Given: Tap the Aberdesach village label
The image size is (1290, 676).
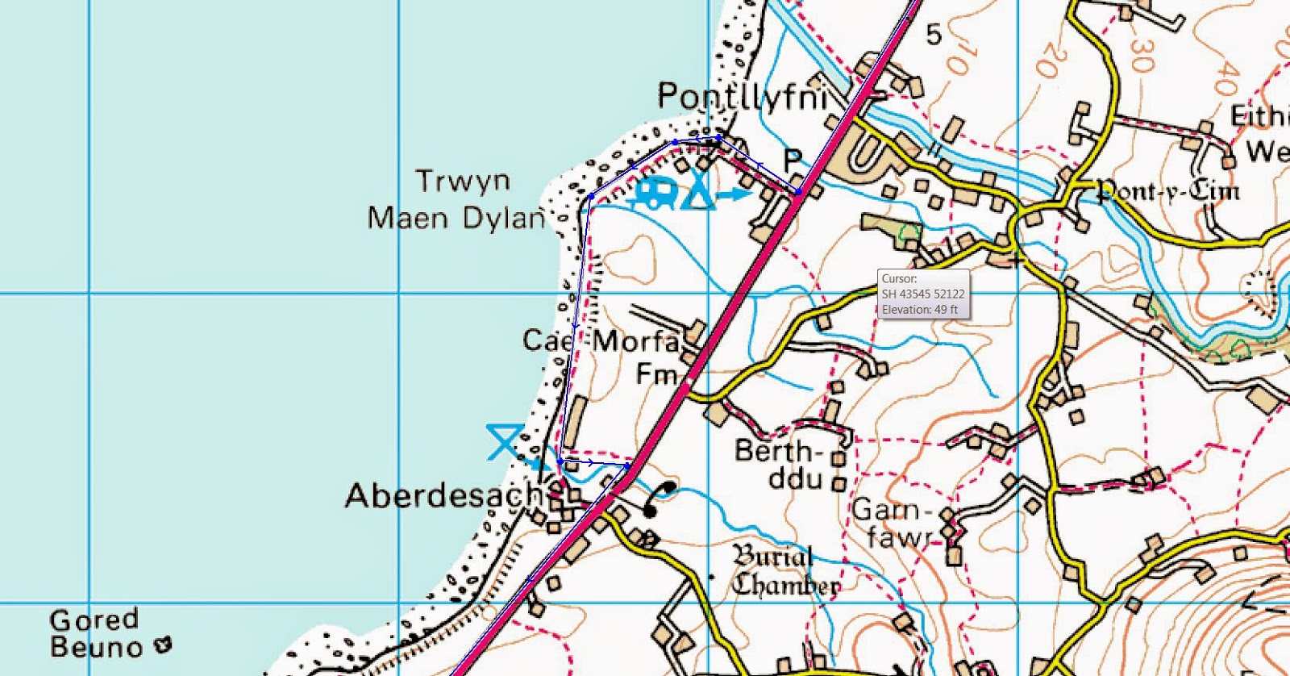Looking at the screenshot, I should click(443, 494).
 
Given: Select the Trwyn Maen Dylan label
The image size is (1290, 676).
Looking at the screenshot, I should click(457, 199).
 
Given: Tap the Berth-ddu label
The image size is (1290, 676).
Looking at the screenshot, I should click(779, 464).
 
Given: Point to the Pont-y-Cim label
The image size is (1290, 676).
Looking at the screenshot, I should click(1167, 190).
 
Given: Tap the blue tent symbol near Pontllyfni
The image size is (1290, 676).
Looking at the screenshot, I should click(699, 194).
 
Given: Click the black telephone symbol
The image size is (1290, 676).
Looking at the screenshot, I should click(660, 498).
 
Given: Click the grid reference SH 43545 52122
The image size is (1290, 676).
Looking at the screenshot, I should click(922, 294).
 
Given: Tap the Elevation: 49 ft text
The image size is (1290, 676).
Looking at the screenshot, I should click(919, 309).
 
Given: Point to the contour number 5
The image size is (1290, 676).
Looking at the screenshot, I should click(934, 35).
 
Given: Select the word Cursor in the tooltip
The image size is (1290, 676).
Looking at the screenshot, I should click(898, 279).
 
